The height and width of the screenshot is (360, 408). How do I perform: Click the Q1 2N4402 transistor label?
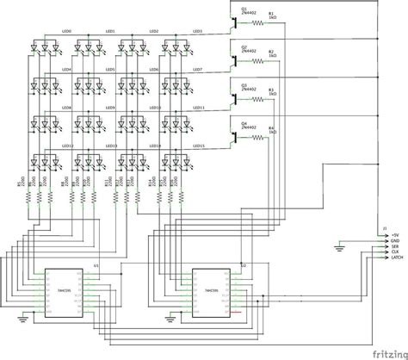246,12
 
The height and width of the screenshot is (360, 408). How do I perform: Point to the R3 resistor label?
271,90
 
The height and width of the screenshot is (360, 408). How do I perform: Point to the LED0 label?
67,32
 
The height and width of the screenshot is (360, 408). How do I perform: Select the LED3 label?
196,32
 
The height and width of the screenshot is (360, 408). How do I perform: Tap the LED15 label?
197,146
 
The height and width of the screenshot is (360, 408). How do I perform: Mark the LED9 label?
110,108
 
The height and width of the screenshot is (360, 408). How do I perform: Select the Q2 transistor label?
246,50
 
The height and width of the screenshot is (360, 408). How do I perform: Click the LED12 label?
67,146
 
